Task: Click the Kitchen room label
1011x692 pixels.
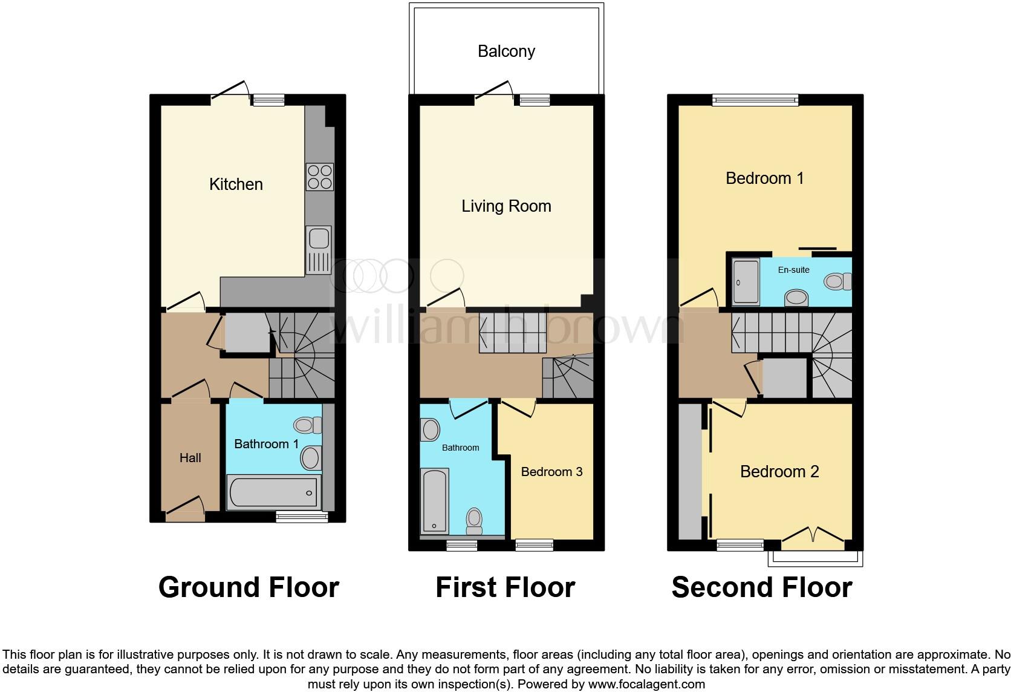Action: pos(236,184)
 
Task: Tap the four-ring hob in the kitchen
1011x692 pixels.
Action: pos(320,177)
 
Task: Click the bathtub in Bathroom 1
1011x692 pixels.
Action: pos(273,491)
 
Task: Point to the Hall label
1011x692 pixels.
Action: pos(190,458)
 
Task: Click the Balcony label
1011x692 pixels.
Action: pos(506,51)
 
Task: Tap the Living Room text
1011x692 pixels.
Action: pos(506,206)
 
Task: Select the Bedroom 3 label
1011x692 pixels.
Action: pos(551,472)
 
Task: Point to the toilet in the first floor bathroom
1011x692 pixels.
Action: pos(474,519)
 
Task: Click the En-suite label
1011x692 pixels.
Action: pos(793,270)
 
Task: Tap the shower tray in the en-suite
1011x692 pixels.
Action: pos(746,282)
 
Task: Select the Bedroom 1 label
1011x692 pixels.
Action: pos(764,178)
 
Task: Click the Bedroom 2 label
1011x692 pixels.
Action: pos(779,472)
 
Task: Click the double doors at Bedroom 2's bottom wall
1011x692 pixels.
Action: pos(813,537)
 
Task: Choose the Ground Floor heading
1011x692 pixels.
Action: pos(249,587)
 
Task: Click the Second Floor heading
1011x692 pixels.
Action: pos(761,587)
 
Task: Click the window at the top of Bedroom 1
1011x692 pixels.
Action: pos(755,100)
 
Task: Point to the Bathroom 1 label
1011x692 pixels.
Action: pos(266,444)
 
